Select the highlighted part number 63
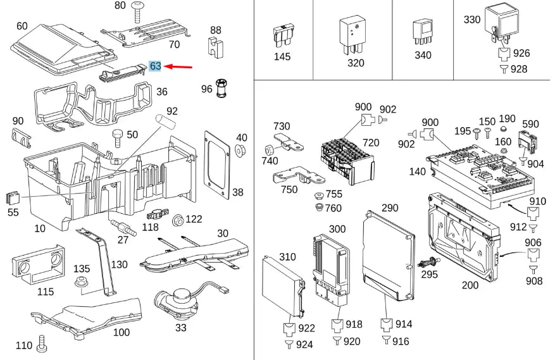click(x=155, y=66)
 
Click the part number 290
click(x=390, y=208)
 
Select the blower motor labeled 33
click(x=182, y=299)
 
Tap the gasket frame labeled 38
click(x=216, y=161)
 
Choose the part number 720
click(x=371, y=143)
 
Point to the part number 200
click(x=470, y=285)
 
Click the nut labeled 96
click(x=222, y=88)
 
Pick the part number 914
click(x=403, y=325)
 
